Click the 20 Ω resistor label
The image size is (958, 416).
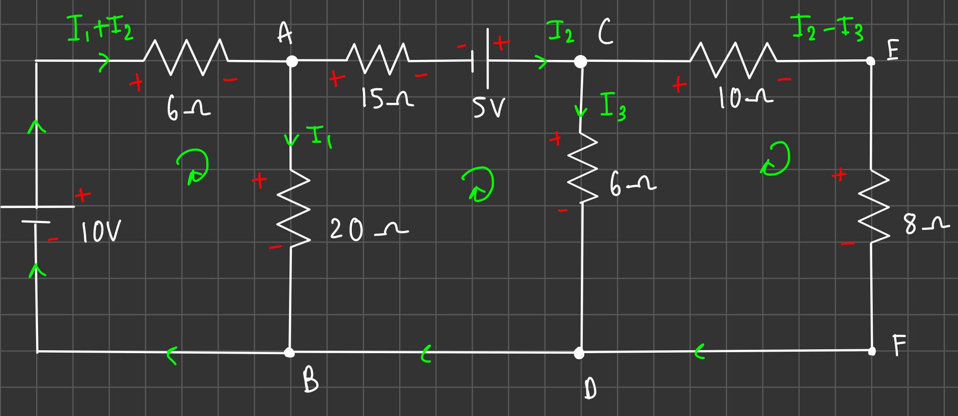[368, 229]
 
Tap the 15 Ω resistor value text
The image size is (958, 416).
[388, 99]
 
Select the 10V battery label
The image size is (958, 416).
[100, 232]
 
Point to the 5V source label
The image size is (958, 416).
[488, 108]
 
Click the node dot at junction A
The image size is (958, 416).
[291, 61]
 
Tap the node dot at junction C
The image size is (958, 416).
[580, 61]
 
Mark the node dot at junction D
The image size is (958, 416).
[579, 353]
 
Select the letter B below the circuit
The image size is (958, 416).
[310, 380]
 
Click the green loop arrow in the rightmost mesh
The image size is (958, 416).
[776, 158]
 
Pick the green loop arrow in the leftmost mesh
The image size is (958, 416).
[193, 167]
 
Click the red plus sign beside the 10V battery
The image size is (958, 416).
[82, 195]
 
